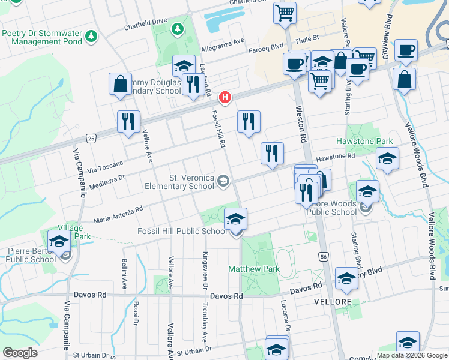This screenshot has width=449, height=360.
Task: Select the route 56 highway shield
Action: pyautogui.click(x=324, y=257)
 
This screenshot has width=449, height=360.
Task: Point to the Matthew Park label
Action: pyautogui.click(x=253, y=269)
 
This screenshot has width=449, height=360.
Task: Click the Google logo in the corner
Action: pyautogui.click(x=20, y=353)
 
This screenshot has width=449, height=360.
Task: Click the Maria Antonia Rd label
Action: pyautogui.click(x=118, y=215)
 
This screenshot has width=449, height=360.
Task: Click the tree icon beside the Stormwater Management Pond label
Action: pyautogui.click(x=91, y=37)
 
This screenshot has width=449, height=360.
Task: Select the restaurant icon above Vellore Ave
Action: pyautogui.click(x=128, y=122)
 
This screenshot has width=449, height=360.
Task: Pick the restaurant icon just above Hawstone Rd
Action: pyautogui.click(x=272, y=154)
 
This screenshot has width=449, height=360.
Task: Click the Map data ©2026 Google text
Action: pyautogui.click(x=412, y=355)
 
